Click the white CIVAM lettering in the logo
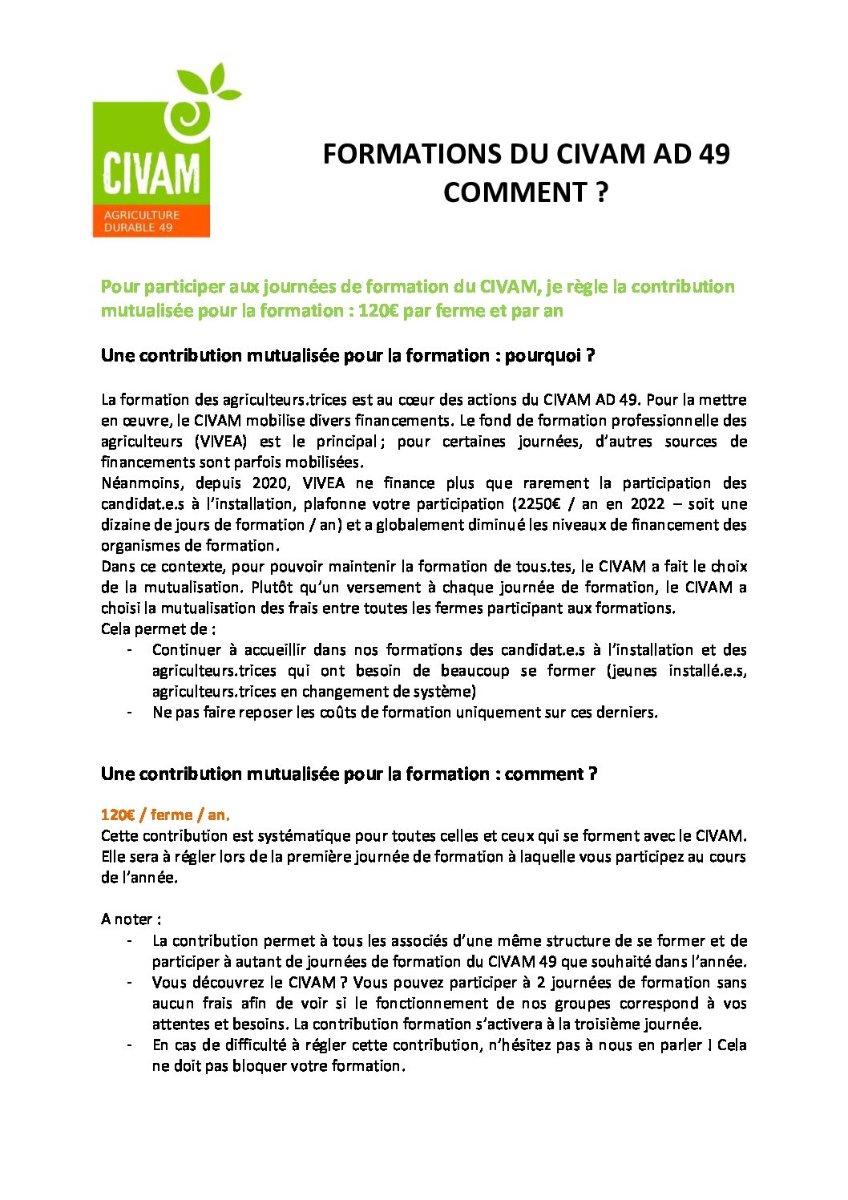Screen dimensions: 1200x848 [x=151, y=172]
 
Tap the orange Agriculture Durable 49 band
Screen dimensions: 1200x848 [x=151, y=221]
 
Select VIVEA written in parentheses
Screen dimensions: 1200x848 [x=220, y=442]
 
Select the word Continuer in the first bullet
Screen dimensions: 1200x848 [x=185, y=650]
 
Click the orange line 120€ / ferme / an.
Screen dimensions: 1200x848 [x=165, y=814]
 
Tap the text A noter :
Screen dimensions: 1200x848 [x=131, y=919]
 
